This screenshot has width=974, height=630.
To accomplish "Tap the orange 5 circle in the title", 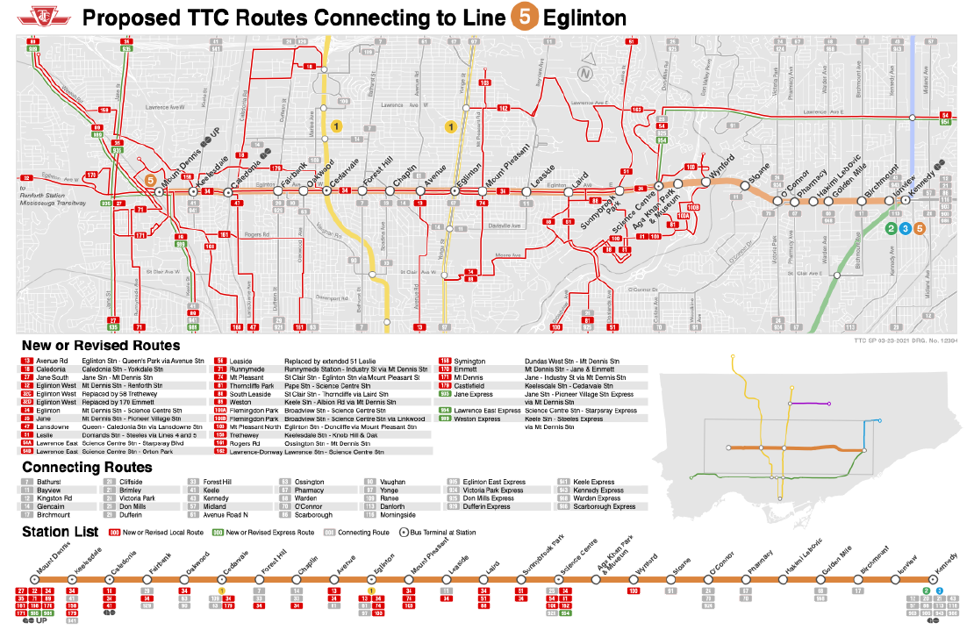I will point(521,18).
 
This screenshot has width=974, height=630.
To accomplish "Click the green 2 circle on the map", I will point(892,229).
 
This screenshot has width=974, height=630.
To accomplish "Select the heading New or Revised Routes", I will point(101,346).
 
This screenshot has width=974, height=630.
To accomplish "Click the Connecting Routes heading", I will point(87,468).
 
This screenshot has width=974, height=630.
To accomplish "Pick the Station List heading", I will point(59,532).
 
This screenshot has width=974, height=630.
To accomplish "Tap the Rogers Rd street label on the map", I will point(257,234).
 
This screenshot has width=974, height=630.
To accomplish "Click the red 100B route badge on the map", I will point(692,207).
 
